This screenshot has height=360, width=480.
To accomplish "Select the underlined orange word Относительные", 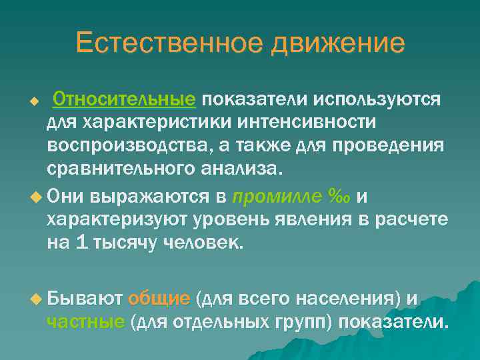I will pyautogui.click(x=124, y=99).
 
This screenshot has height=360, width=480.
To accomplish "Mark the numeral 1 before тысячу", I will pyautogui.click(x=81, y=243).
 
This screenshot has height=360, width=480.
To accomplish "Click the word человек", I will pyautogui.click(x=207, y=243).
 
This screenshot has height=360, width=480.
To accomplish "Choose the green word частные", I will pyautogui.click(x=85, y=323).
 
